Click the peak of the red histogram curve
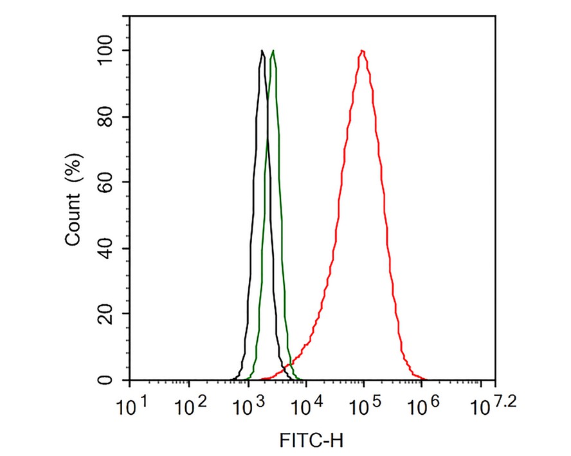tap(363, 51)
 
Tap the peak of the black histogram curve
tap(262, 51)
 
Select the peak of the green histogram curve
tap(273, 51)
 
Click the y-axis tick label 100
tap(105, 50)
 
